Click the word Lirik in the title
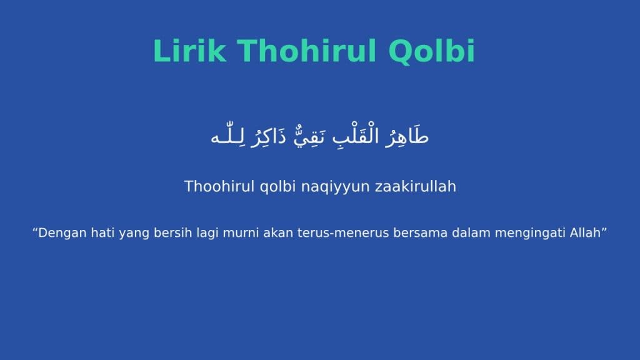pos(189,51)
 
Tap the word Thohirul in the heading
pos(306,51)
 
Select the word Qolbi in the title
pos(432,51)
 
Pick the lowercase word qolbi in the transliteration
pos(277,187)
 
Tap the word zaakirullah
pos(416,186)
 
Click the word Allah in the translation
pos(585,232)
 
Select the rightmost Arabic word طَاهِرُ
pos(406,136)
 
